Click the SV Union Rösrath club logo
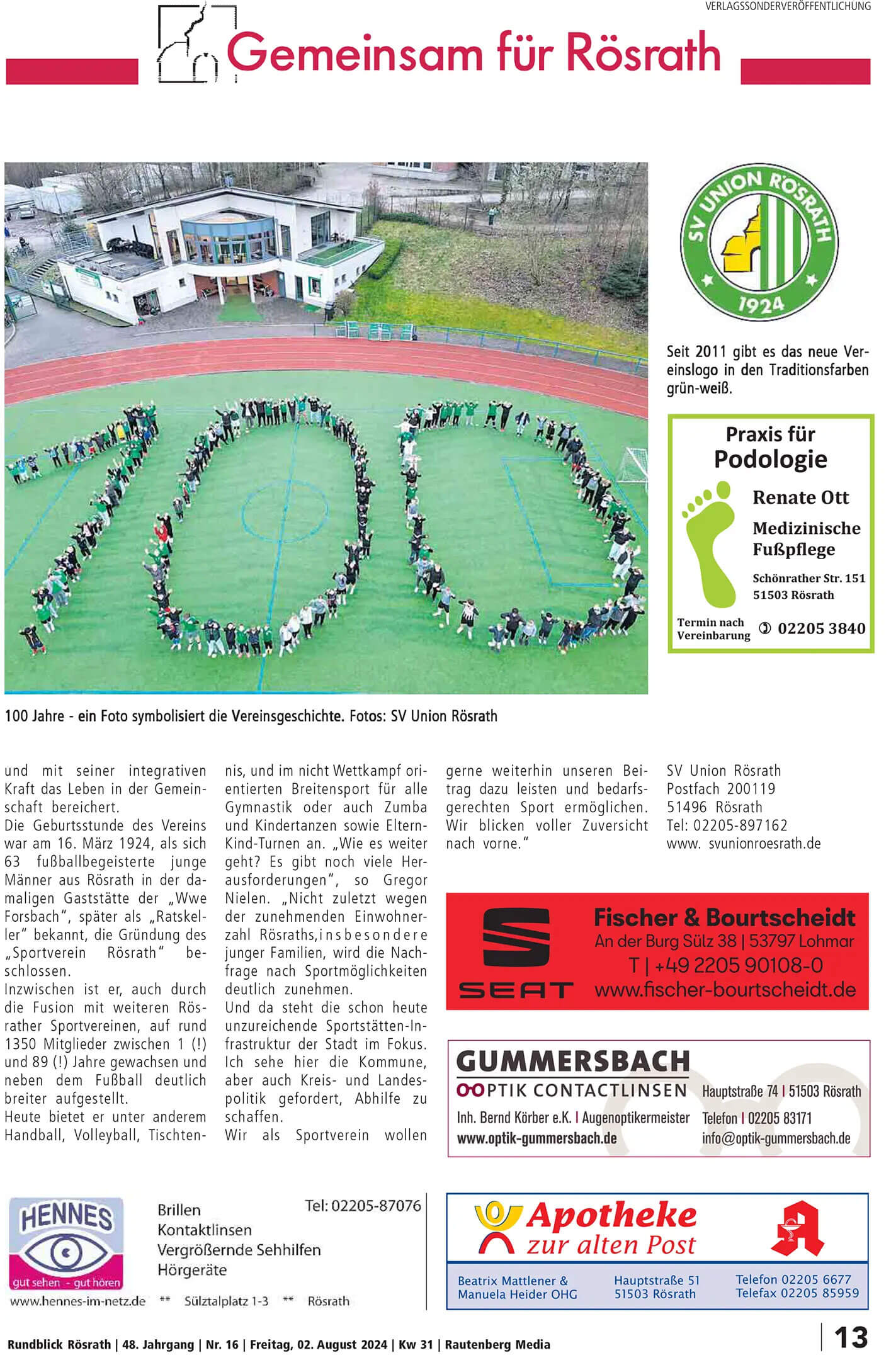(759, 244)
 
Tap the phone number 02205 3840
(821, 628)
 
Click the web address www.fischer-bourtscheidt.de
(725, 989)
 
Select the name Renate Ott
(800, 497)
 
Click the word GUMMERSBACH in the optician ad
(572, 1062)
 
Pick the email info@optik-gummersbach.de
(776, 1138)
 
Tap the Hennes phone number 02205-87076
(363, 1206)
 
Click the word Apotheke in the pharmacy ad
(611, 1216)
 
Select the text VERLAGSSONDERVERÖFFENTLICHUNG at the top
(788, 6)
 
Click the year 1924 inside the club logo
(760, 305)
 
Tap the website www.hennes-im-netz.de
(77, 1301)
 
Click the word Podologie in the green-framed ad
(770, 459)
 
